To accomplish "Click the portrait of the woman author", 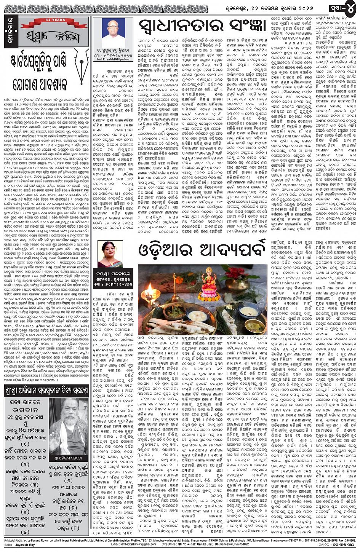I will (110, 254).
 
